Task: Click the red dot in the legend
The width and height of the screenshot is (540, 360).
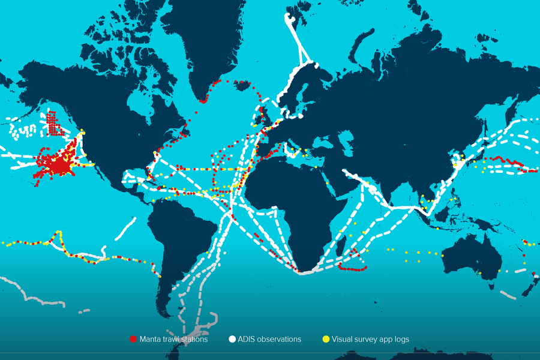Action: pyautogui.click(x=133, y=340)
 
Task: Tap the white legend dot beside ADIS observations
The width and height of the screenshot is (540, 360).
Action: pyautogui.click(x=232, y=340)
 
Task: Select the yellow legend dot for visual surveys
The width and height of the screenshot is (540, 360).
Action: pyautogui.click(x=326, y=340)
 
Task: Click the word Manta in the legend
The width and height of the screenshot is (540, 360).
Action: pyautogui.click(x=149, y=340)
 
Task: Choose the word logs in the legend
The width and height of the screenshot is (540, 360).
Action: pyautogui.click(x=400, y=340)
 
